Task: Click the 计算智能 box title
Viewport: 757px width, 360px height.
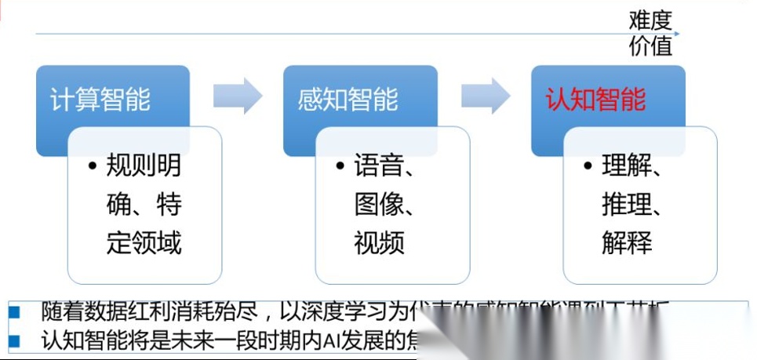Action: pos(100,100)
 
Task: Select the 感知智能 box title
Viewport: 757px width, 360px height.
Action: pos(348,100)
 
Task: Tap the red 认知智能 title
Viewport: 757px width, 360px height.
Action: pos(595,100)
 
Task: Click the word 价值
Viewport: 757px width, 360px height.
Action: pos(650,46)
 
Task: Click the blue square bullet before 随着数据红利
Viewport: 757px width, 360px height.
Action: pos(13,311)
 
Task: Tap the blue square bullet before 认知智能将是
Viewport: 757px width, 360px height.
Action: pos(13,341)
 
